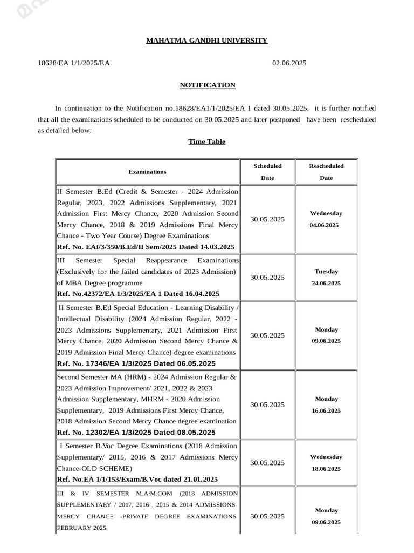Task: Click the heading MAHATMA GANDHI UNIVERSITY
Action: coord(206,41)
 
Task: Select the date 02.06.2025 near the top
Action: coord(289,63)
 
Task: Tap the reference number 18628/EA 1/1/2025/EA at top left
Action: coord(74,63)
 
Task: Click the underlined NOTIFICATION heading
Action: coord(207,85)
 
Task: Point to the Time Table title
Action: coord(206,141)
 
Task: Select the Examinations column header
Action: coord(147,172)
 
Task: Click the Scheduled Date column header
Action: coord(267,172)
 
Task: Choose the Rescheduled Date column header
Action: coord(326,172)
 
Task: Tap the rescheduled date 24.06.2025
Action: coord(326,283)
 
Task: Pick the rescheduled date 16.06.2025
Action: coord(326,410)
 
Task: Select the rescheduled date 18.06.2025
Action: coord(326,469)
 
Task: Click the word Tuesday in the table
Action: coord(326,272)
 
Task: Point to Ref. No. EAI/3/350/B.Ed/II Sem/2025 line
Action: coord(146,247)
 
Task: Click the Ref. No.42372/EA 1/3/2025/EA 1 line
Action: coord(138,294)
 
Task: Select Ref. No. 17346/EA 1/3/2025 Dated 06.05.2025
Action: coord(136,363)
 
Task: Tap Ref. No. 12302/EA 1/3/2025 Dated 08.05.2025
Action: coord(136,433)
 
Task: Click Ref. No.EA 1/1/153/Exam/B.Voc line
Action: coord(137,479)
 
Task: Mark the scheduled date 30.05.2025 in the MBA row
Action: coord(267,277)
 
